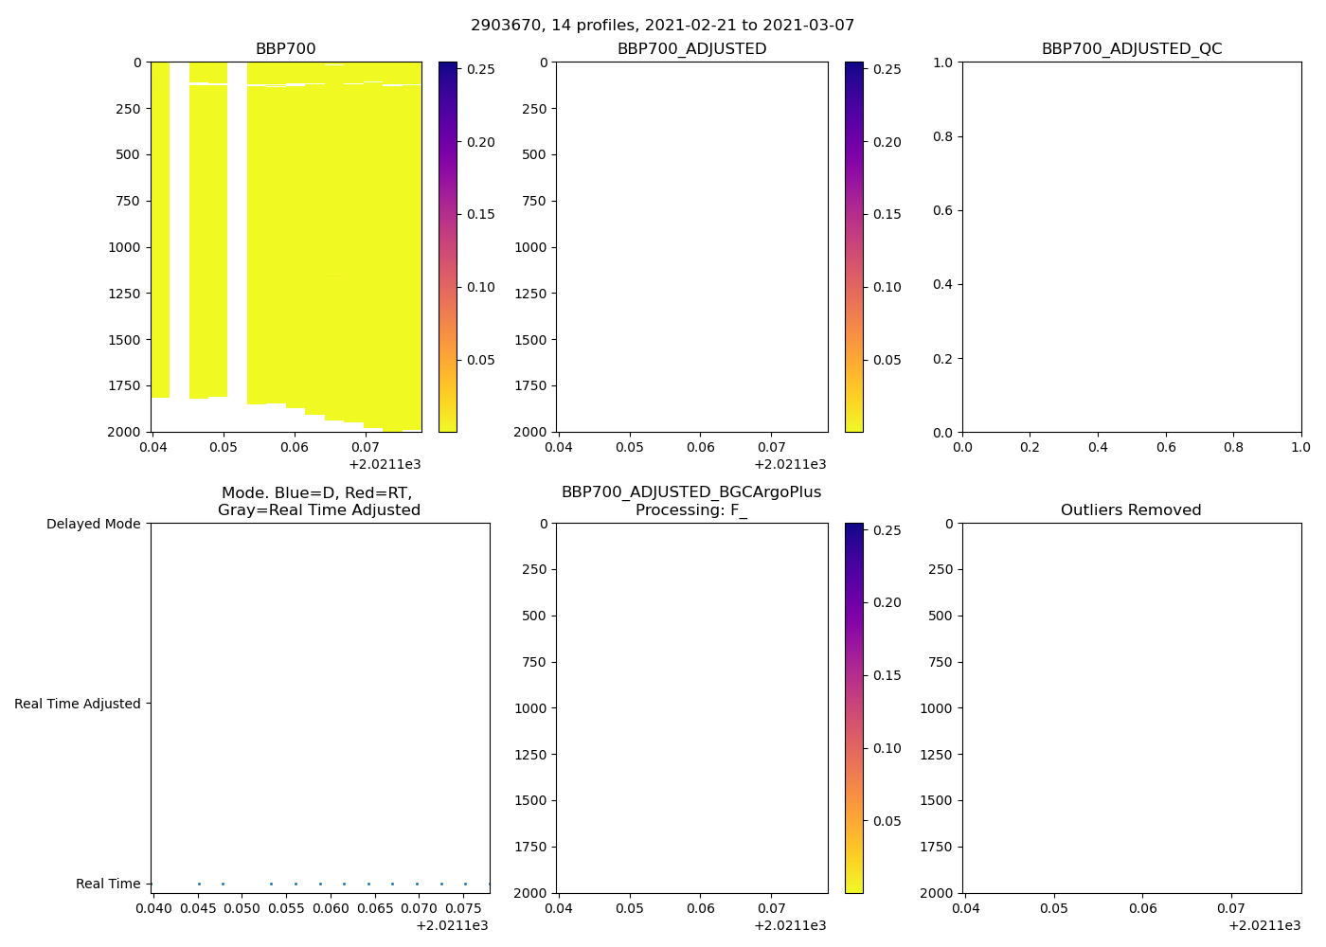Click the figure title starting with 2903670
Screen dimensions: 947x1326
[x=662, y=26]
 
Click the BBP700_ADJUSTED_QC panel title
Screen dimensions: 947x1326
[x=1131, y=49]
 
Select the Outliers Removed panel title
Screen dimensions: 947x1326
[x=1131, y=510]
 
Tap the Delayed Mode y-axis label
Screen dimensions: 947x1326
[x=93, y=524]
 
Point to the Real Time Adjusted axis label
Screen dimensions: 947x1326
[x=78, y=704]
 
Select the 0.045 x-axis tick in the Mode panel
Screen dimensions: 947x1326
[x=198, y=909]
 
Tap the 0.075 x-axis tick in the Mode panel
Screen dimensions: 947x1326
[x=464, y=909]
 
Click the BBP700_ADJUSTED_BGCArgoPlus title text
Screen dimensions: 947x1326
[x=691, y=492]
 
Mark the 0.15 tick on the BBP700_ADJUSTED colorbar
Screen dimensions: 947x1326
[x=887, y=214]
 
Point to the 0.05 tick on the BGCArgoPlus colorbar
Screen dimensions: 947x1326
[x=887, y=821]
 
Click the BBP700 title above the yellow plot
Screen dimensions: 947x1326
[x=285, y=49]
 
